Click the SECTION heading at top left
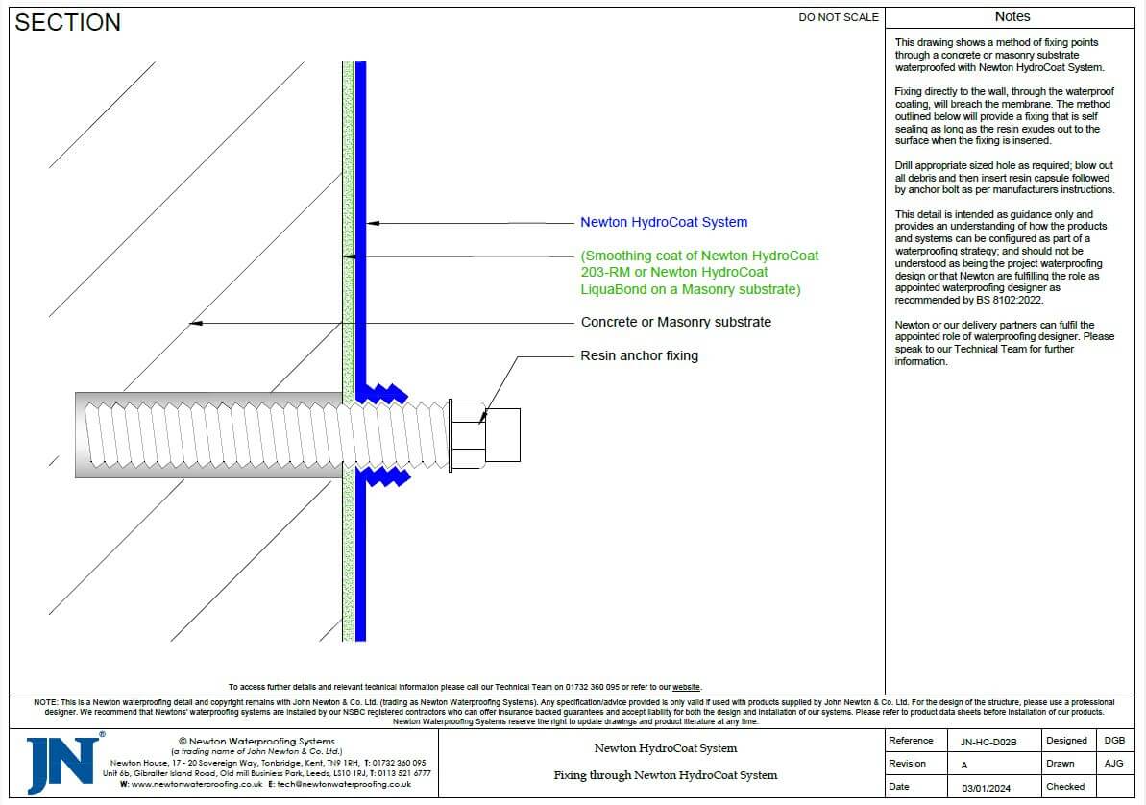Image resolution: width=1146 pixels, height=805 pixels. (x=68, y=23)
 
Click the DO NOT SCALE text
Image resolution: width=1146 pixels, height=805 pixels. (x=838, y=17)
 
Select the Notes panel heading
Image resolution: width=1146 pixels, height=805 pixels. (x=1012, y=17)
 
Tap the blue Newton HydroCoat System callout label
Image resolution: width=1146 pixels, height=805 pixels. (x=663, y=222)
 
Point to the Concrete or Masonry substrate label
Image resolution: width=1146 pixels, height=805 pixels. (x=675, y=322)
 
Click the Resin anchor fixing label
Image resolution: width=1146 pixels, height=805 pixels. (x=639, y=355)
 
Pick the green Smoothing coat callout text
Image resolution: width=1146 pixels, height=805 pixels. (x=699, y=273)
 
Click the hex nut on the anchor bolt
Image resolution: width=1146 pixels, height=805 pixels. (x=466, y=435)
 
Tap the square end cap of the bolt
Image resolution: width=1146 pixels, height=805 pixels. (x=502, y=435)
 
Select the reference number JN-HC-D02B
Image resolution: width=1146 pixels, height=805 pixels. (x=988, y=742)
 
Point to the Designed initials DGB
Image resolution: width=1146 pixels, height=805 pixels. (x=1114, y=741)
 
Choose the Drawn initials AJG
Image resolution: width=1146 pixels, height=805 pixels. (x=1114, y=764)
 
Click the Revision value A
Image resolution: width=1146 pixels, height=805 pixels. (x=964, y=765)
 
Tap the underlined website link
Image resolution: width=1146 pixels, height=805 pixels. (x=686, y=687)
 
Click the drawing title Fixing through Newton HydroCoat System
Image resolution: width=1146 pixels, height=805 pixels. (x=665, y=775)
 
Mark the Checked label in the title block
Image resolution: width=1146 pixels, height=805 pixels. (x=1066, y=787)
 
